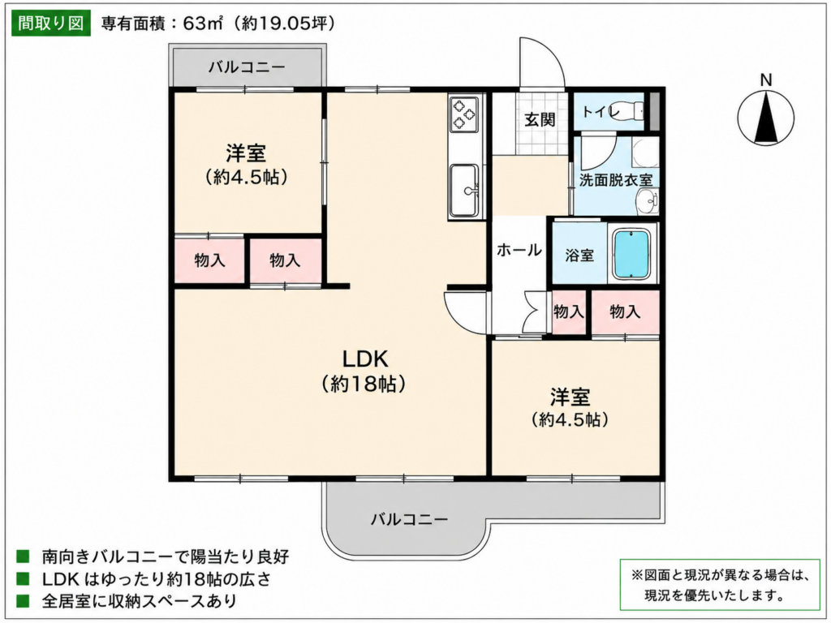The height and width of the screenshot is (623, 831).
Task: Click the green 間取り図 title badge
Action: (x=51, y=24)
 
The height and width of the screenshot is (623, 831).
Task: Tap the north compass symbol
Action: (x=766, y=117)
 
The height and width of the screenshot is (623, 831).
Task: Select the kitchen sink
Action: (x=465, y=190)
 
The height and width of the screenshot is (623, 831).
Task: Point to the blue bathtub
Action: (x=631, y=254)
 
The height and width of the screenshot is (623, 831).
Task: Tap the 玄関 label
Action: (x=540, y=120)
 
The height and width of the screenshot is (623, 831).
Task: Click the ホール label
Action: (x=519, y=250)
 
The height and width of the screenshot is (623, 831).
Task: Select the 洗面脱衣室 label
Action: (x=615, y=180)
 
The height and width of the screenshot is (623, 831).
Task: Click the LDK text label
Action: (x=365, y=359)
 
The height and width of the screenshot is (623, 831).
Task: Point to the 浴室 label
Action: (x=579, y=256)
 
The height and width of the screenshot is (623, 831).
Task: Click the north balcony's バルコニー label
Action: (x=247, y=67)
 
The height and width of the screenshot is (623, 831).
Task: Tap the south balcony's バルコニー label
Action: (x=409, y=519)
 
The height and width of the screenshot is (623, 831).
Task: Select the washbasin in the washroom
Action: (x=645, y=202)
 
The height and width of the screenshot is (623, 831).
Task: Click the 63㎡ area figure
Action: (x=202, y=24)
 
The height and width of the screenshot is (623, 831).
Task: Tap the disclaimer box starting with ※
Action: (x=720, y=584)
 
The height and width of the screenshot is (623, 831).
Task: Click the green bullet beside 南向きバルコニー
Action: (x=23, y=556)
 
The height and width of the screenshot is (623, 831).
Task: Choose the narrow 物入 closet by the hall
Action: (x=569, y=312)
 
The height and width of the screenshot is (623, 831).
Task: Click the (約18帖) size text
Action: (x=364, y=384)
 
